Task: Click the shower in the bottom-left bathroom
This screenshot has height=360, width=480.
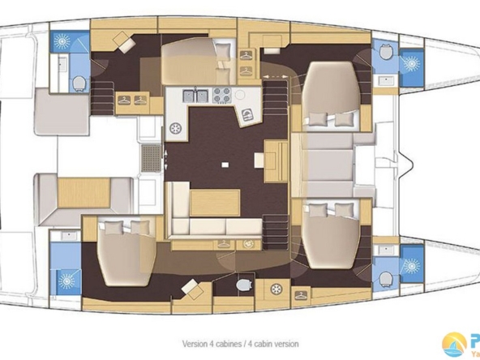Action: pos(62,281)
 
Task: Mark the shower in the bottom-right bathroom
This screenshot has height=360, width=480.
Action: pos(410,266)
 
